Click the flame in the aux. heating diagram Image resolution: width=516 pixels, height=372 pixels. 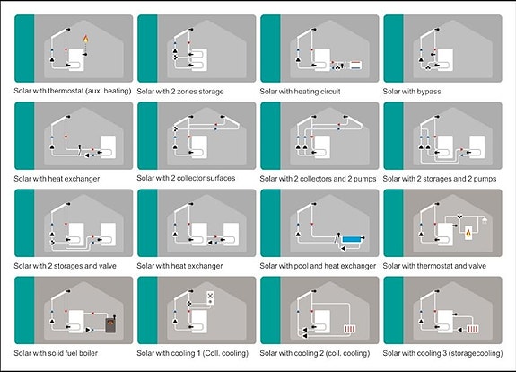tap(85, 39)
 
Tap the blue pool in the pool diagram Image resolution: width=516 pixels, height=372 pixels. tap(352, 239)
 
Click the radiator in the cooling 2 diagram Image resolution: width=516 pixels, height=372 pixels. tap(349, 329)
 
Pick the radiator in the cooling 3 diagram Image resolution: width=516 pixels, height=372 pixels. tap(473, 329)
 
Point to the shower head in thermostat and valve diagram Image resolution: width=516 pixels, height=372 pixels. tap(485, 220)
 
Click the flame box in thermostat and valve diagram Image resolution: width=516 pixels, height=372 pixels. tap(468, 233)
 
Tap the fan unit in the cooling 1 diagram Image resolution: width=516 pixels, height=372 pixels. tap(210, 297)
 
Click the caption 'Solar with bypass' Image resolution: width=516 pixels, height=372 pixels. tap(412, 92)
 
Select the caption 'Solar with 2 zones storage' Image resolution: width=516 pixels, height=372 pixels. tap(180, 92)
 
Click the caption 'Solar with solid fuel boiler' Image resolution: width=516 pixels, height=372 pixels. tap(56, 353)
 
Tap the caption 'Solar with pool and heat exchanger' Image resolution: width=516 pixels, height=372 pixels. tap(318, 266)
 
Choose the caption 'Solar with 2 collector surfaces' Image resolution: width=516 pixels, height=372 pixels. tap(186, 178)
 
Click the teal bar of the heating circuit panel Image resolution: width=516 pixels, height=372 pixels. tap(270, 49)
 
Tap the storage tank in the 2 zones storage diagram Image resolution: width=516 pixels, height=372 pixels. tap(199, 59)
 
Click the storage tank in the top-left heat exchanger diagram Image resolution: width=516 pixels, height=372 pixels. tap(108, 147)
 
